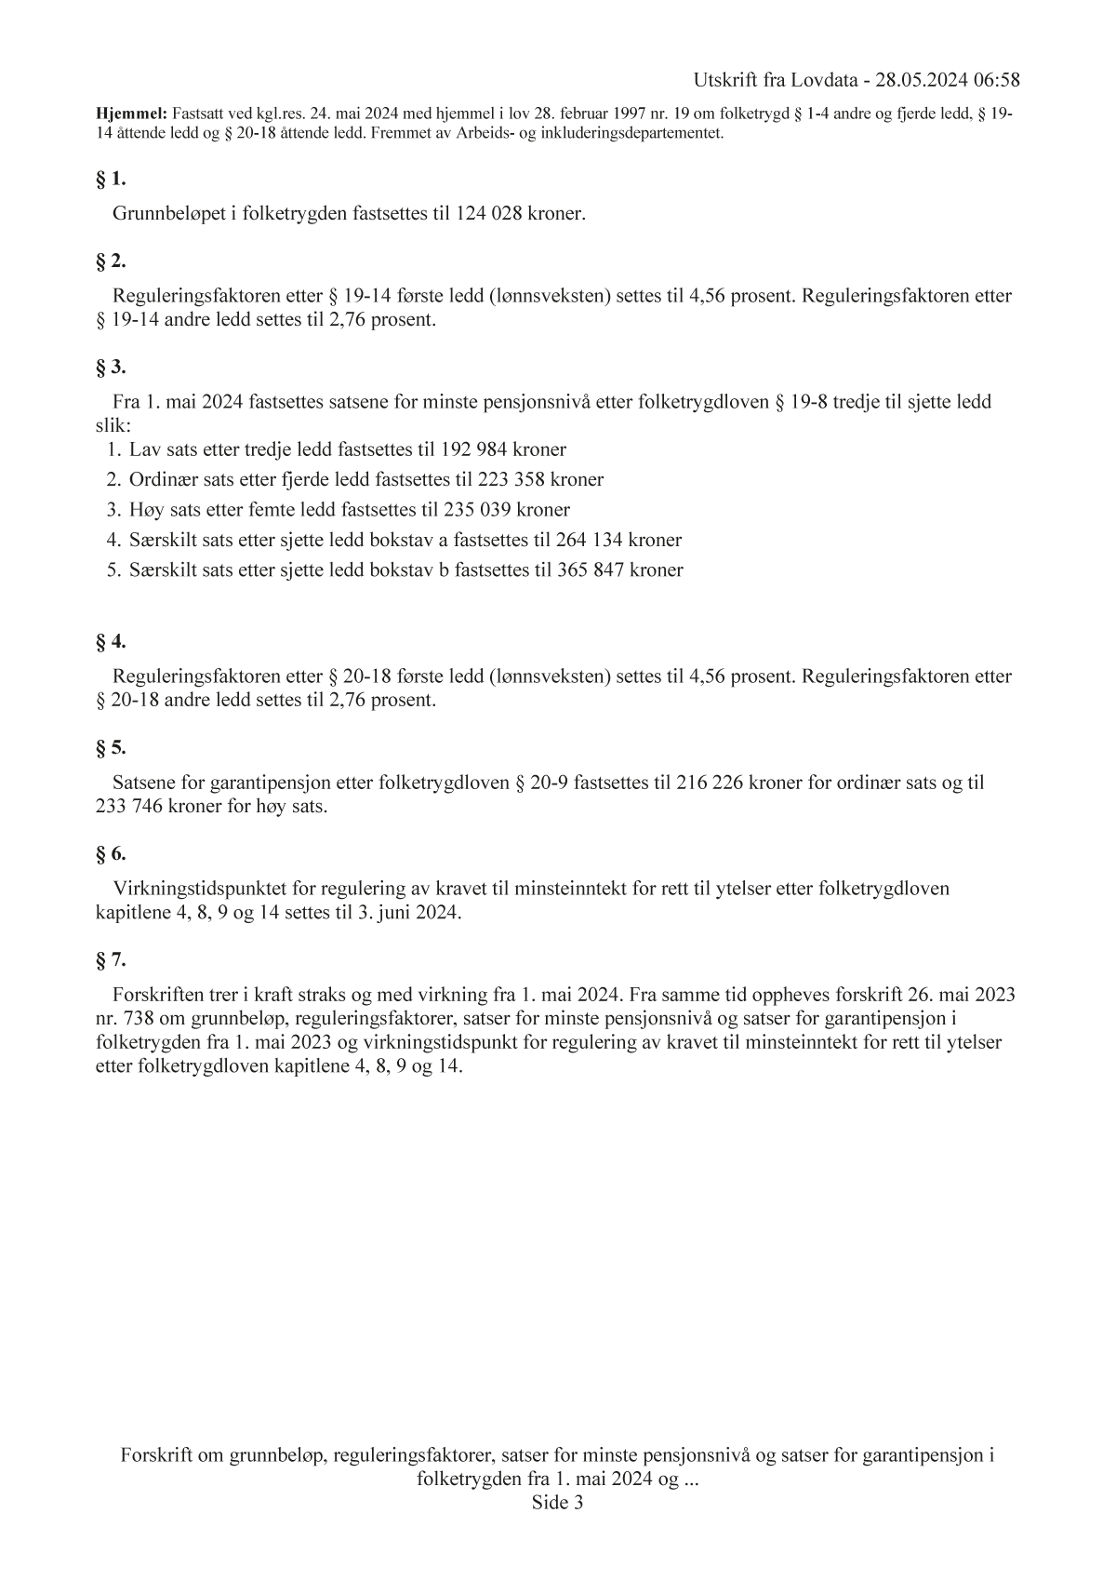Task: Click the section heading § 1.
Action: (111, 179)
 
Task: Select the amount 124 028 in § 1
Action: (489, 214)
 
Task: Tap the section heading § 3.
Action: (111, 367)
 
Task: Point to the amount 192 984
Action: (476, 450)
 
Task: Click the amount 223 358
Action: (513, 480)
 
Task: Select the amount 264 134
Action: (591, 540)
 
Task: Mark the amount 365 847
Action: (592, 570)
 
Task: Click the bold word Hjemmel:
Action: (131, 114)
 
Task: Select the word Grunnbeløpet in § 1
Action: (167, 214)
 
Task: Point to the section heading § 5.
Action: (111, 748)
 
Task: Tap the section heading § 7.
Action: (111, 959)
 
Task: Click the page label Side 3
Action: (557, 1503)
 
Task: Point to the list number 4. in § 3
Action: (114, 540)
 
